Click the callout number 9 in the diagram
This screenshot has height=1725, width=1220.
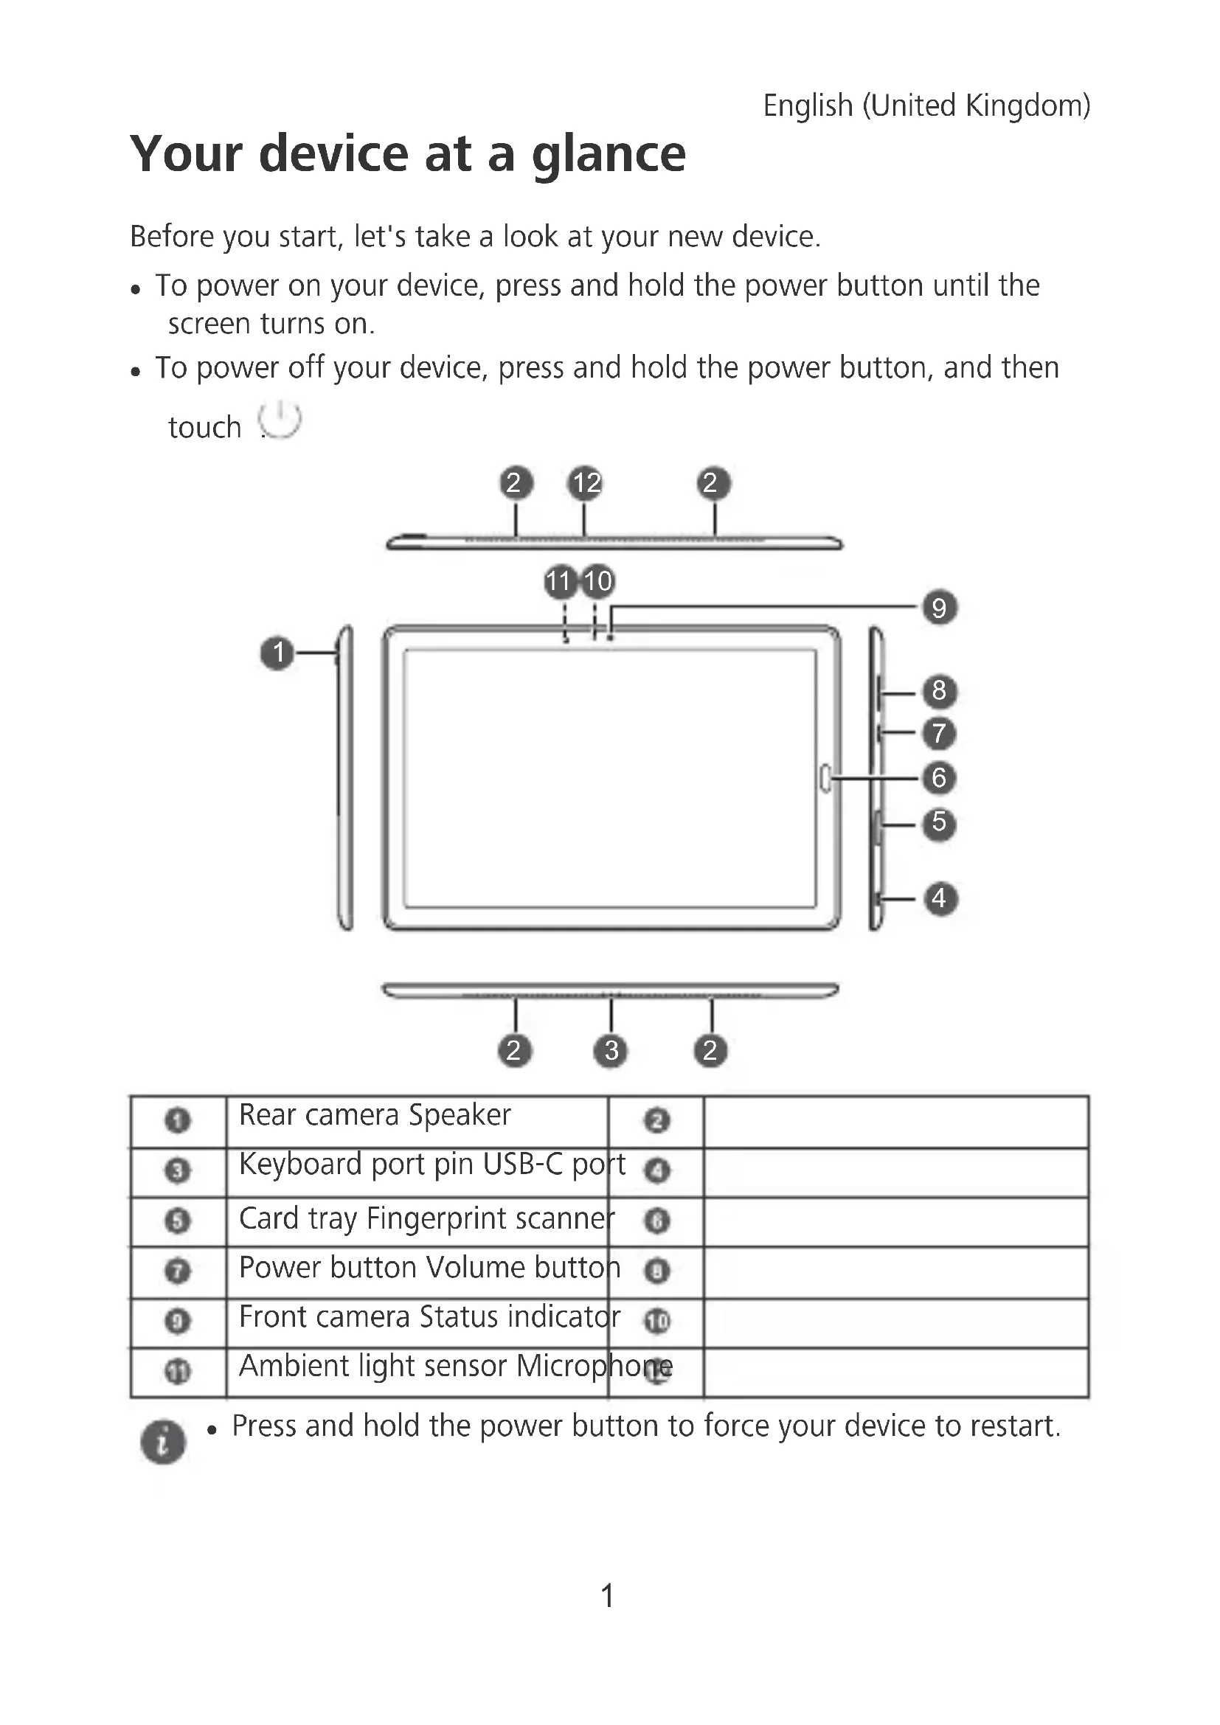(x=939, y=607)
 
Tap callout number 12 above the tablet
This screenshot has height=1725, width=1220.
(x=586, y=482)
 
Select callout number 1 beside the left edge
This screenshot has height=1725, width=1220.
(x=278, y=652)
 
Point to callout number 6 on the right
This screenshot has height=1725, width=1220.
(x=939, y=777)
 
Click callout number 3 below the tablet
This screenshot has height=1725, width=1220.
(x=611, y=1050)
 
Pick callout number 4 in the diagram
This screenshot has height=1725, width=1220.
(x=939, y=898)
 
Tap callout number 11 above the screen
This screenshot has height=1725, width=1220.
(x=559, y=581)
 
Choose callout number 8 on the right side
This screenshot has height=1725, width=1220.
(x=939, y=690)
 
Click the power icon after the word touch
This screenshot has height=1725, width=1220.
(x=280, y=420)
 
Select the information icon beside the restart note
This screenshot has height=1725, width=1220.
(x=163, y=1441)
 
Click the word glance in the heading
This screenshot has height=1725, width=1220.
(x=609, y=154)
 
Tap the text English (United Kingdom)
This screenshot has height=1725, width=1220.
(x=926, y=106)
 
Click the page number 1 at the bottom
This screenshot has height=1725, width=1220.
(x=608, y=1594)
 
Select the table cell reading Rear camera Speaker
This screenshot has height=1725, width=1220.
(x=375, y=1116)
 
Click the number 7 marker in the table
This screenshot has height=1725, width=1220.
(x=177, y=1271)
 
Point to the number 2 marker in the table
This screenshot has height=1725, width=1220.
(x=656, y=1121)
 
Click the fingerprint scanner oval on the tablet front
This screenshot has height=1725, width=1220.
(x=825, y=777)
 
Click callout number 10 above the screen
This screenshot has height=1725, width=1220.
(x=599, y=581)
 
